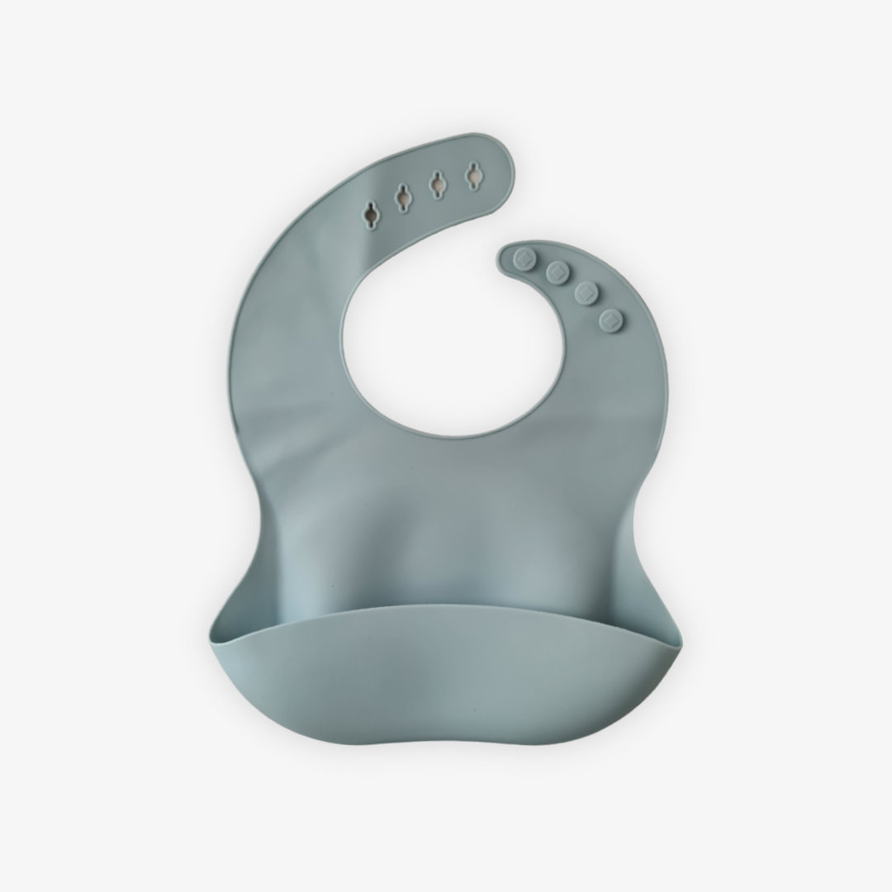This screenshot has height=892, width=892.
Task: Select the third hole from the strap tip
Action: coord(402,197)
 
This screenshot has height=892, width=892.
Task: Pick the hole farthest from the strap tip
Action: coord(371,213)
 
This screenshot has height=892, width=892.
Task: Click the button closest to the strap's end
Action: coord(523,260)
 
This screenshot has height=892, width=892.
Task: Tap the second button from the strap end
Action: coord(557,272)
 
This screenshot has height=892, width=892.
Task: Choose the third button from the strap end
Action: coord(586,293)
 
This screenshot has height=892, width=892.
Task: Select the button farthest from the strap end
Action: coord(610,319)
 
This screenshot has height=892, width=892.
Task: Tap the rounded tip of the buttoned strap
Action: coord(505,254)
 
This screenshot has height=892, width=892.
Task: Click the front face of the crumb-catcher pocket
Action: coord(446,669)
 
